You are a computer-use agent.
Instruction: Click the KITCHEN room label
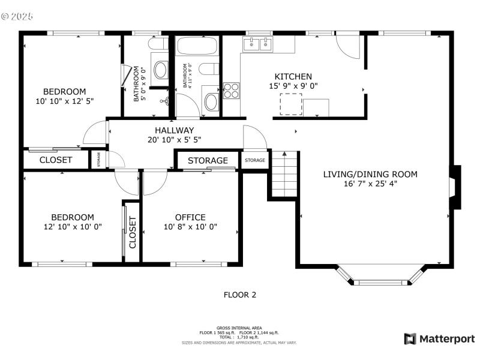(x=293, y=76)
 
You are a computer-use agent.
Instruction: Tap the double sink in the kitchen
(x=258, y=44)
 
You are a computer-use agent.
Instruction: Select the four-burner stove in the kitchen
(x=231, y=90)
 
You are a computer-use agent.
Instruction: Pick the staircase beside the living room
(x=283, y=174)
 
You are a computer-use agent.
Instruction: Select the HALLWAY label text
(x=174, y=130)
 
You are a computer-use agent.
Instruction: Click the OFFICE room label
(x=190, y=217)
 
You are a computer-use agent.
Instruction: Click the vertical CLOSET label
(x=133, y=233)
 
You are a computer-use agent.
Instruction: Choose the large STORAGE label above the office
(x=208, y=161)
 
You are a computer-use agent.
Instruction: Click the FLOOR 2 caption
(x=240, y=295)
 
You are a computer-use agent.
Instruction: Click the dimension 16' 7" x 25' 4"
(x=370, y=184)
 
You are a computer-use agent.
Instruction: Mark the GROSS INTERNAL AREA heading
(x=239, y=328)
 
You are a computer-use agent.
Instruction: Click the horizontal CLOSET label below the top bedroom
(x=56, y=160)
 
